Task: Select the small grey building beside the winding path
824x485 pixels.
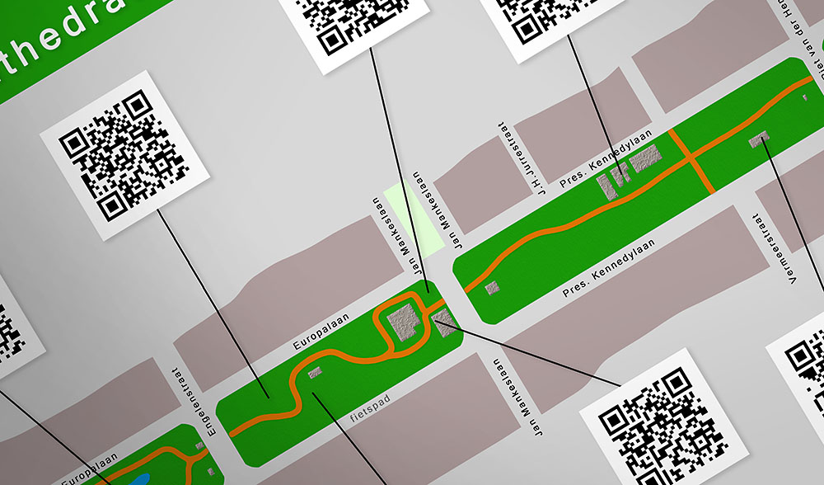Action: [x=314, y=373]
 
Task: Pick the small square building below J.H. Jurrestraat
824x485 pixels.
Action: [x=492, y=287]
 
